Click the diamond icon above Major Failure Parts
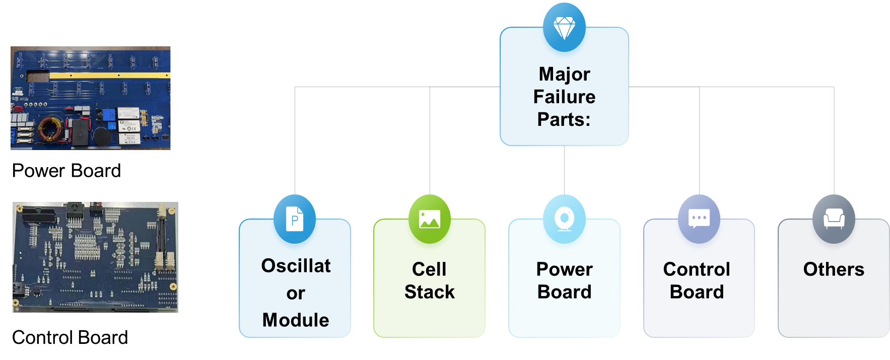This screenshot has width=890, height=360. [x=564, y=28]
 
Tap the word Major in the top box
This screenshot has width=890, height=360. [x=564, y=74]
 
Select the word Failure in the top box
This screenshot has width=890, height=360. [x=564, y=97]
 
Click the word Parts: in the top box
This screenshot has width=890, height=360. [x=564, y=119]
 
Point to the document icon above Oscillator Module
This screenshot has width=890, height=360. [x=295, y=219]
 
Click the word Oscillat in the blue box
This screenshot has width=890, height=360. [x=296, y=266]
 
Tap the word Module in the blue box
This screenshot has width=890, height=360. [x=296, y=320]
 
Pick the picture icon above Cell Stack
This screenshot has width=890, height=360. [x=429, y=219]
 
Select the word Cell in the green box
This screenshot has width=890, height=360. [x=429, y=269]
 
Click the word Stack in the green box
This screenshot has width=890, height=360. [x=429, y=292]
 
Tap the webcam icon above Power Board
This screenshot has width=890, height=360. [x=564, y=220]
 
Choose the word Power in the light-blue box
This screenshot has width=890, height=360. [x=564, y=269]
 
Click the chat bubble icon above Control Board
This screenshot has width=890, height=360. [x=699, y=219]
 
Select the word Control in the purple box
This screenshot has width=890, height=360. [x=697, y=269]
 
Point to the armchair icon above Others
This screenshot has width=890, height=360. [x=834, y=219]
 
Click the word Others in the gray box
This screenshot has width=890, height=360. [x=834, y=269]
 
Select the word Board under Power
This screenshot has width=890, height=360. [x=564, y=292]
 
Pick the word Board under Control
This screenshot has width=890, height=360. [x=697, y=292]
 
